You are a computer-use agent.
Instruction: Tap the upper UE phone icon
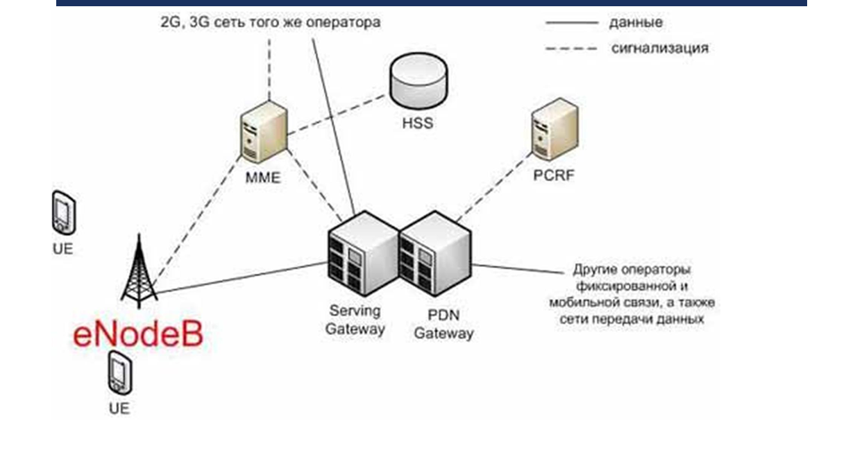pyautogui.click(x=63, y=213)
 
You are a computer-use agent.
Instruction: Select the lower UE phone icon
pyautogui.click(x=119, y=373)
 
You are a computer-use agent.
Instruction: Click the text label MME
pyautogui.click(x=263, y=177)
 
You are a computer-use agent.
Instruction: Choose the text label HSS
pyautogui.click(x=417, y=123)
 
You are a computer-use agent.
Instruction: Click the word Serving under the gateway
pyautogui.click(x=355, y=311)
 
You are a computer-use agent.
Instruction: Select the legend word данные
pyautogui.click(x=636, y=22)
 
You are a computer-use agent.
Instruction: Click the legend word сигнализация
pyautogui.click(x=659, y=48)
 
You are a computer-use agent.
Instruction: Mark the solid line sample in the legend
pyautogui.click(x=571, y=23)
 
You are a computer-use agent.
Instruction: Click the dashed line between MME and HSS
pyautogui.click(x=337, y=112)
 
